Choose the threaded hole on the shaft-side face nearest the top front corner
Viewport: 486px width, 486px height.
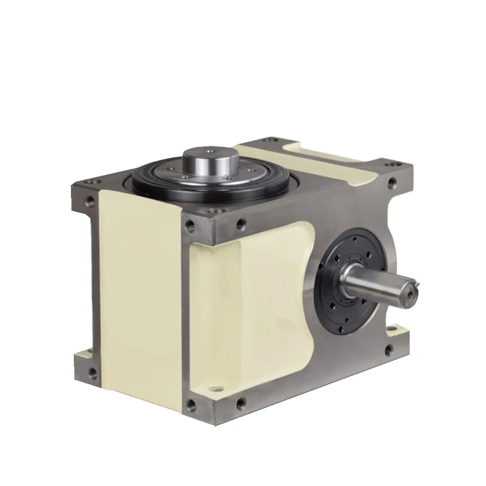(240, 224)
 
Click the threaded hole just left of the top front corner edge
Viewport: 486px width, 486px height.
(188, 225)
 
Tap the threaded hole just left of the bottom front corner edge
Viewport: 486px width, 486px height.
(191, 402)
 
